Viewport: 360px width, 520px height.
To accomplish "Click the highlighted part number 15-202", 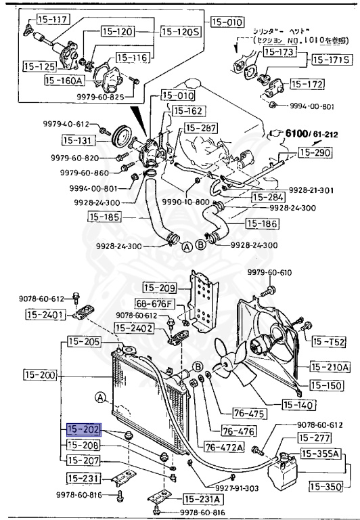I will coord(83,430).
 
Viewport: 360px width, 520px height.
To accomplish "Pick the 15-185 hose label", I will coord(106,217).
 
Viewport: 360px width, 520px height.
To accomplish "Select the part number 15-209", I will coord(160,287).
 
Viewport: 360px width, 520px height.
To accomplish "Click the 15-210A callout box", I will coord(330,367).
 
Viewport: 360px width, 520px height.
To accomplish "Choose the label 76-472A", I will coord(223,446).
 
